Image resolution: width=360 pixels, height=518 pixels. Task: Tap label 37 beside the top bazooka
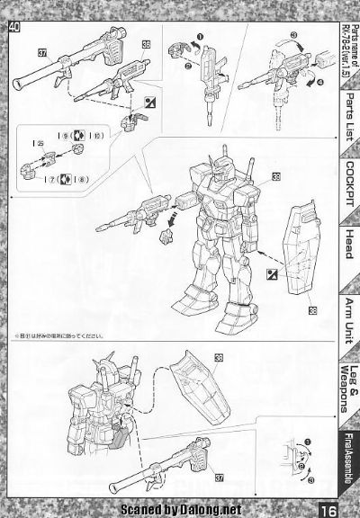pyautogui.click(x=42, y=52)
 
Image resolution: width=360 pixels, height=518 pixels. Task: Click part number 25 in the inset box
pyautogui.click(x=41, y=143)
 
